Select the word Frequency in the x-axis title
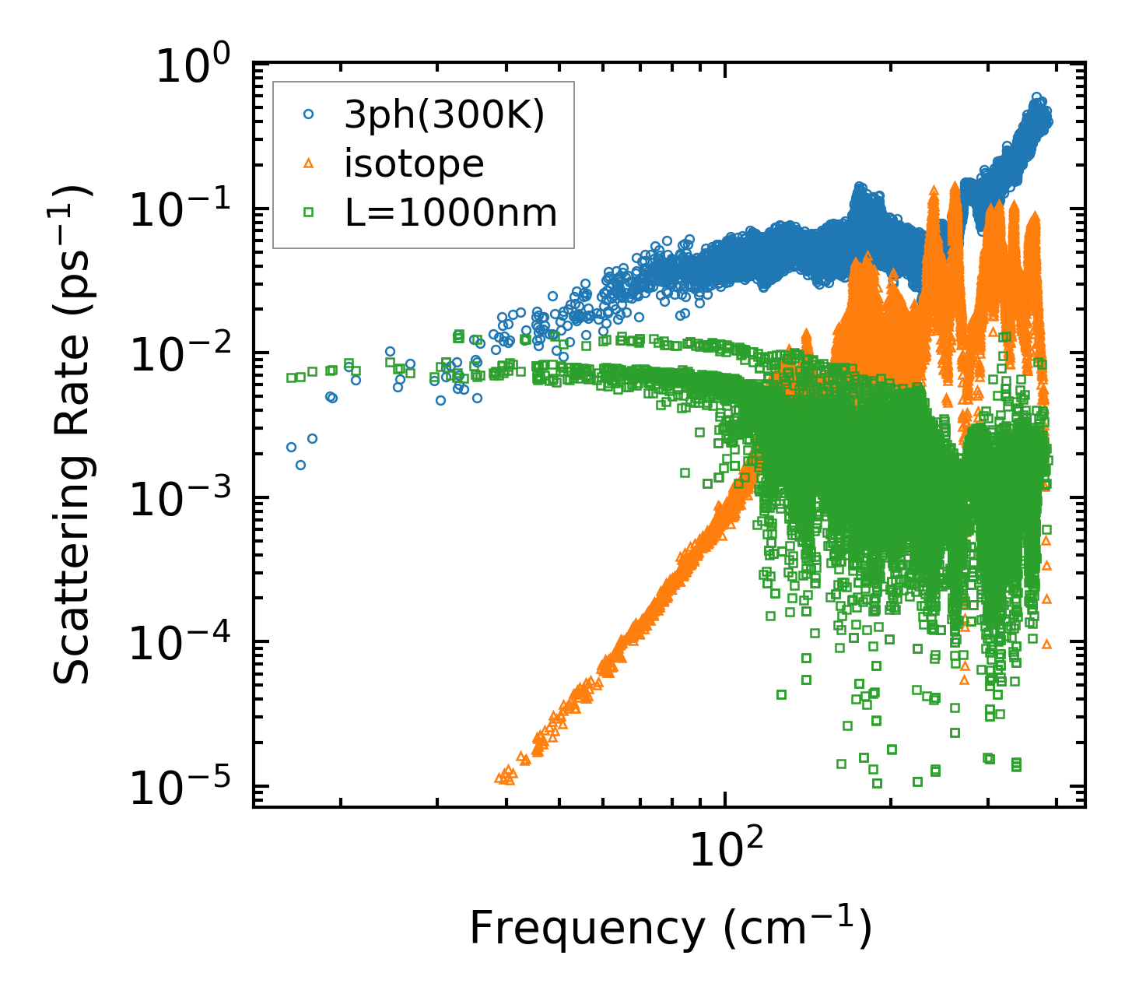(x=587, y=928)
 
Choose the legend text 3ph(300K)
(x=444, y=115)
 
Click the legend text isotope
(x=414, y=163)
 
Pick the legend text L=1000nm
(x=451, y=212)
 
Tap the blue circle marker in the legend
(x=308, y=114)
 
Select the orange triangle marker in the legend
(x=308, y=163)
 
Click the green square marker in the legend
(x=308, y=211)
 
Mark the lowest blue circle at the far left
(x=300, y=465)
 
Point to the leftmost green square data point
(x=291, y=378)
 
